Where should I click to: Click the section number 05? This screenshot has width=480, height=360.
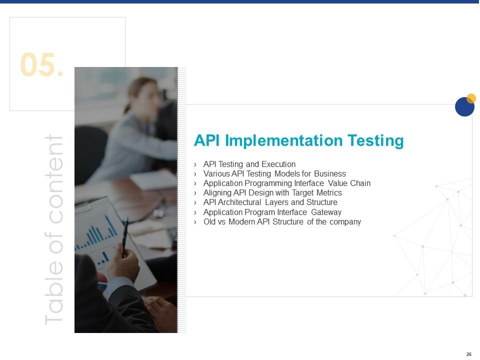(42, 65)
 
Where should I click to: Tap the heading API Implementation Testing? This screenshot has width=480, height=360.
(298, 141)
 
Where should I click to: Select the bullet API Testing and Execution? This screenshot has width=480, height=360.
(249, 164)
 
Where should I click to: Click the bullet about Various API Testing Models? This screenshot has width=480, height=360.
(274, 173)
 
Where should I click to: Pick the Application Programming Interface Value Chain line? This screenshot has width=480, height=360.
(287, 183)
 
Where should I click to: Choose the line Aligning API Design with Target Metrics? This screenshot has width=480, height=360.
(272, 192)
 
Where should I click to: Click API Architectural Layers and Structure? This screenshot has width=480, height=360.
(270, 202)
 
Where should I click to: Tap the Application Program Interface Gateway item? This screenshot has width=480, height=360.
(272, 212)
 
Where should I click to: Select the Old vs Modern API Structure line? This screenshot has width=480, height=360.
(282, 221)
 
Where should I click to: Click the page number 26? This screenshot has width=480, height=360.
(468, 354)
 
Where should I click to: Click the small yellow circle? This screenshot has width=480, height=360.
(471, 98)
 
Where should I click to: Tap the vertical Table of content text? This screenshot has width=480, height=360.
(54, 230)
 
